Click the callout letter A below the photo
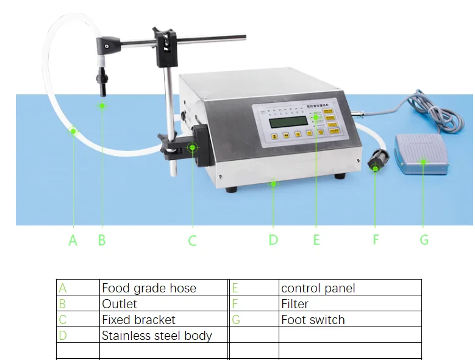[x=73, y=241]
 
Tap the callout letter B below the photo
[x=102, y=240]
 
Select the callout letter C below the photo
[x=192, y=241]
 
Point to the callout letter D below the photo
[x=273, y=240]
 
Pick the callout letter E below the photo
[x=316, y=240]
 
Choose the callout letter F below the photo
[x=376, y=240]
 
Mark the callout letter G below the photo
[x=424, y=240]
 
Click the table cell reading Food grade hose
[x=149, y=288]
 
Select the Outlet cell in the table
[x=120, y=304]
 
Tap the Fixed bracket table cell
[x=138, y=320]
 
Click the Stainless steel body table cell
[x=157, y=336]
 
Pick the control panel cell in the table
[x=318, y=288]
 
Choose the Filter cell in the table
[x=295, y=304]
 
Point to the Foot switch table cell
[x=313, y=320]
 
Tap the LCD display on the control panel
[x=285, y=122]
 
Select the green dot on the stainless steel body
[x=273, y=182]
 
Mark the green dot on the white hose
[x=73, y=130]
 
